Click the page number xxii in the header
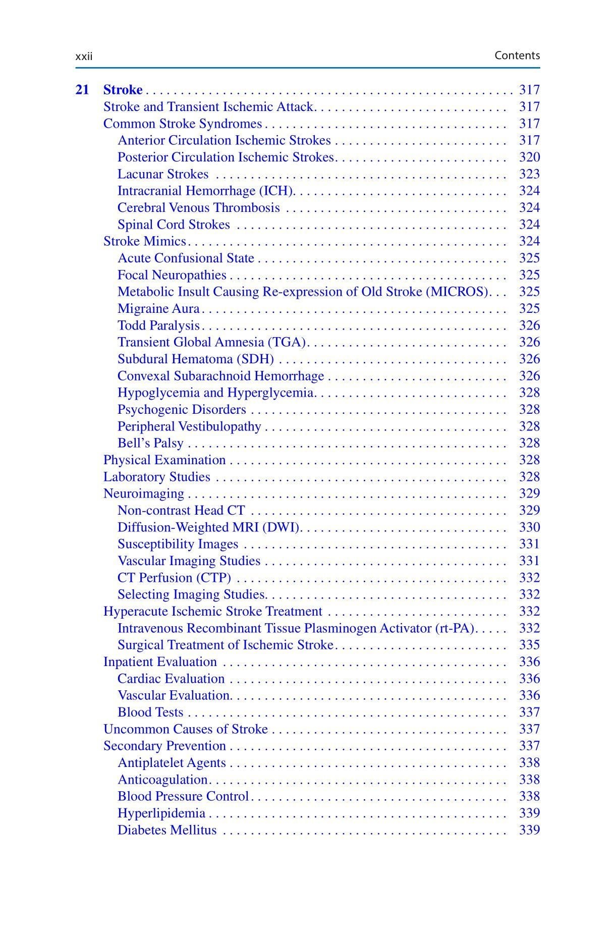[84, 57]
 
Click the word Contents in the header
[517, 56]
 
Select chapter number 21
[82, 90]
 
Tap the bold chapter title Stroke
[123, 90]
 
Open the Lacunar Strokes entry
[162, 174]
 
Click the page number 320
[529, 157]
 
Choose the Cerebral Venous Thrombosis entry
[198, 208]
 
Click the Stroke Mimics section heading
[144, 241]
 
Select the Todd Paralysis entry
[158, 325]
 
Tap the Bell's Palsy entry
[150, 443]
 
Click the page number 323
[529, 174]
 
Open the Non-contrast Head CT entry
[181, 511]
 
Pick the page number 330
[529, 527]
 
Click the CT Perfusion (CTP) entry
[174, 578]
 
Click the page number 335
[529, 645]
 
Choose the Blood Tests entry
[150, 712]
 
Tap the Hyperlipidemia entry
[161, 813]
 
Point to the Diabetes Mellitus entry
[166, 830]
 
